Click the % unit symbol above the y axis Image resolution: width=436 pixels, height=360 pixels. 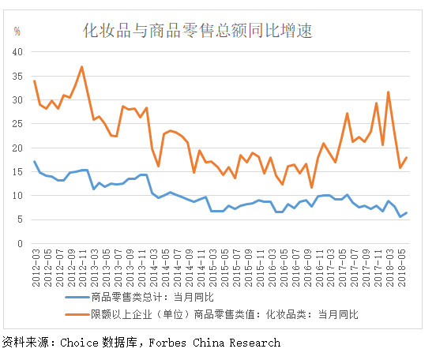17,32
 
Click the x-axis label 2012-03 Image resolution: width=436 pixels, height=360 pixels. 35,262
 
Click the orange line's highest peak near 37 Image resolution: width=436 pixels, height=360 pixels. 81,67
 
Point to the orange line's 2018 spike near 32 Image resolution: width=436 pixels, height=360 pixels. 389,92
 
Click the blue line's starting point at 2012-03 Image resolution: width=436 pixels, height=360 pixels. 34,161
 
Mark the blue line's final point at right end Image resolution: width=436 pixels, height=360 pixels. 407,212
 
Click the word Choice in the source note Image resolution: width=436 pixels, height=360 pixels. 77,343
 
